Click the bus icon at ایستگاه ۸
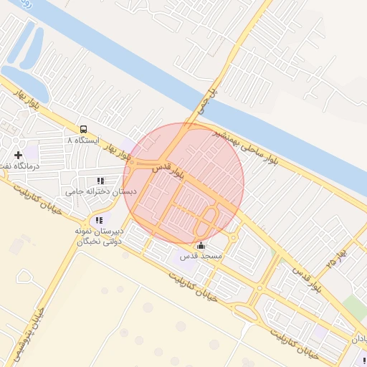85,130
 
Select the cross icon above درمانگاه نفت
18,155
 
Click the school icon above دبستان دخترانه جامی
100,181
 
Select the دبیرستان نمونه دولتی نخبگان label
99,236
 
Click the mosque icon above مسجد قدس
199,246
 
